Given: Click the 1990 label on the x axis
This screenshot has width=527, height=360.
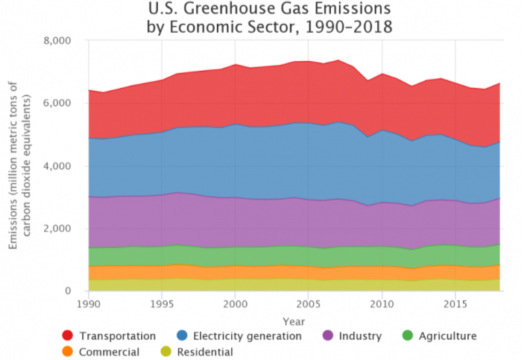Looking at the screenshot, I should coord(89,304).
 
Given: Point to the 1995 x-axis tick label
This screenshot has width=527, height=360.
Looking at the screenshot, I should coord(162,304).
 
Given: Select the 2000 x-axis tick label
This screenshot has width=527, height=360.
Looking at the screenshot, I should coord(235,304).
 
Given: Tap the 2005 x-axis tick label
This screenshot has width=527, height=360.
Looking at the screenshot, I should coord(308,304).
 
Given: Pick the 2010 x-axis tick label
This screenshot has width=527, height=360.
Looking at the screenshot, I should coord(381,304).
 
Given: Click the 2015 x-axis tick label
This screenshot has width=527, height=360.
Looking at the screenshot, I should coord(454,304).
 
